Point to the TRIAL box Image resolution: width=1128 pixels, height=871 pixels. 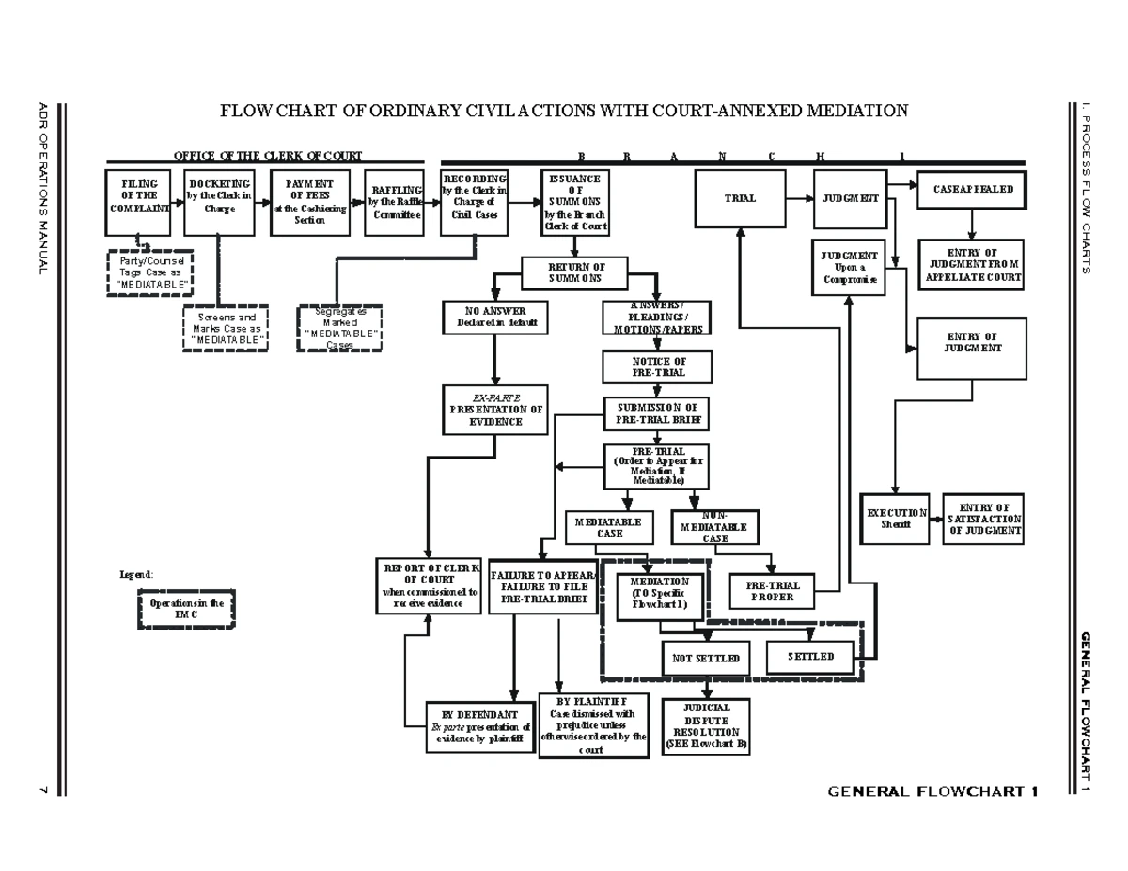click(740, 198)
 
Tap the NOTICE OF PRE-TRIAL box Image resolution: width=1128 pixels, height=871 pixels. click(658, 366)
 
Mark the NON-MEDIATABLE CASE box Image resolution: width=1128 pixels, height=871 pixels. click(715, 527)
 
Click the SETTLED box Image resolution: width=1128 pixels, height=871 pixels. click(811, 657)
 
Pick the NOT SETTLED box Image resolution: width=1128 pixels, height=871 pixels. click(706, 659)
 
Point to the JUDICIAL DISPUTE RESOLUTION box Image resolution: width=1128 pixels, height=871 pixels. click(706, 726)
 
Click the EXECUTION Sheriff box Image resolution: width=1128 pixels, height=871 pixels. click(896, 519)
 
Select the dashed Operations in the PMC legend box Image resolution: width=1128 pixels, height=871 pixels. click(185, 609)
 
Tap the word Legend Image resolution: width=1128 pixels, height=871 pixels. click(135, 574)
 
